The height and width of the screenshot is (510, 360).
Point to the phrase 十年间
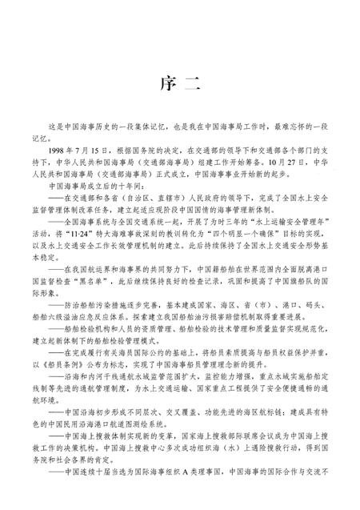point(114,203)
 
